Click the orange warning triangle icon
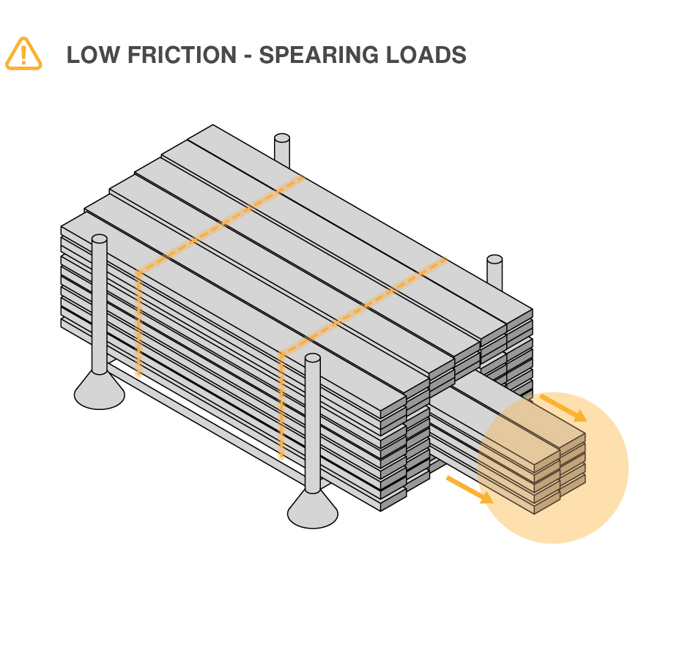tap(23, 53)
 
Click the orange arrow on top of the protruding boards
tap(563, 408)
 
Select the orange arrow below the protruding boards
tap(470, 489)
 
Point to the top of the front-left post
tap(100, 239)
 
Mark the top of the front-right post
tap(313, 359)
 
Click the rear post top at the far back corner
tap(282, 138)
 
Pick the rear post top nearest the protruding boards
tap(495, 260)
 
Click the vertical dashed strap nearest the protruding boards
tap(281, 406)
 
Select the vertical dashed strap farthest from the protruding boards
tap(138, 322)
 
